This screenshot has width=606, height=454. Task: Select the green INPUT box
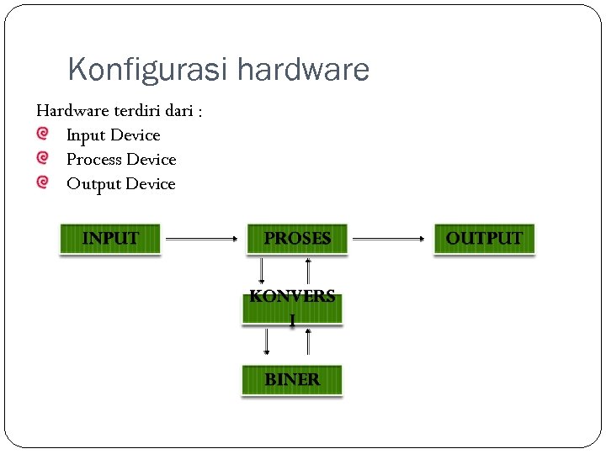[x=110, y=239]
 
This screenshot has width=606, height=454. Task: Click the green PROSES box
[x=297, y=239]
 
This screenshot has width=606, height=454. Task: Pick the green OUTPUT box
[x=484, y=239]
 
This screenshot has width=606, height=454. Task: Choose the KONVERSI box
[x=292, y=308]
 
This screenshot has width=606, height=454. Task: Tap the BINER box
[x=292, y=380]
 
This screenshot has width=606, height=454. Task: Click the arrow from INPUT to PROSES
[x=202, y=239]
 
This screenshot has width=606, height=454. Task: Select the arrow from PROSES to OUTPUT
[x=389, y=239]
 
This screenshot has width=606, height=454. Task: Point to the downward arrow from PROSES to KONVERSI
[x=263, y=270]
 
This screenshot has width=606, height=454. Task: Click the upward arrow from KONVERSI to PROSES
[x=309, y=270]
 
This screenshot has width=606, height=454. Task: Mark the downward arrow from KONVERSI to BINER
[x=267, y=340]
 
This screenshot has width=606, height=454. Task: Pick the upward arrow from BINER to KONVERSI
[x=309, y=340]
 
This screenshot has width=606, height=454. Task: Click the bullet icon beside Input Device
[x=43, y=134]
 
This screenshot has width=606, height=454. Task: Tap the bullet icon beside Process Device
[x=43, y=158]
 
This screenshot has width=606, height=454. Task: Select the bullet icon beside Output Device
[x=43, y=182]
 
